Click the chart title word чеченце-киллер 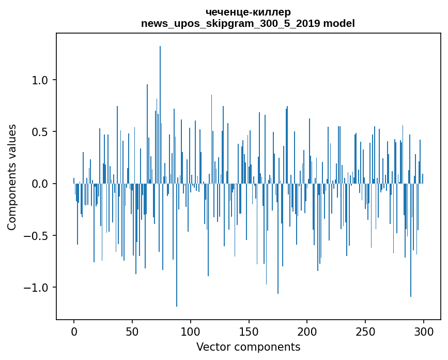248,12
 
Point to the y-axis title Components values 12,177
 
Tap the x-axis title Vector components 248,347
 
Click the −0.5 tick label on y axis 36,235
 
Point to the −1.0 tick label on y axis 36,287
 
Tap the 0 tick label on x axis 74,331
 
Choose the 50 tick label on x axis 132,331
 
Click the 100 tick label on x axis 191,331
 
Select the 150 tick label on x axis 249,331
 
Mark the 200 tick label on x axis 307,331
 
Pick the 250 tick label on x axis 366,331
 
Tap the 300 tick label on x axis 424,331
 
